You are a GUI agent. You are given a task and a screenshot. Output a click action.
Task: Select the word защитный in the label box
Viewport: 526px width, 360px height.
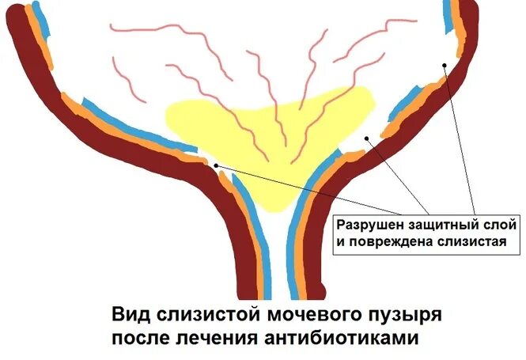coord(433,225)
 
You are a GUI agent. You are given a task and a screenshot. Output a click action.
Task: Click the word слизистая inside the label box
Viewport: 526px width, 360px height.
coord(471,241)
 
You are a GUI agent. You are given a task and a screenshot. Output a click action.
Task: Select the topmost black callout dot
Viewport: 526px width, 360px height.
coord(445,65)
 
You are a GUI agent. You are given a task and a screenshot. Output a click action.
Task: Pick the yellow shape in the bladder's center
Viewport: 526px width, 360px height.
coord(261,127)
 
